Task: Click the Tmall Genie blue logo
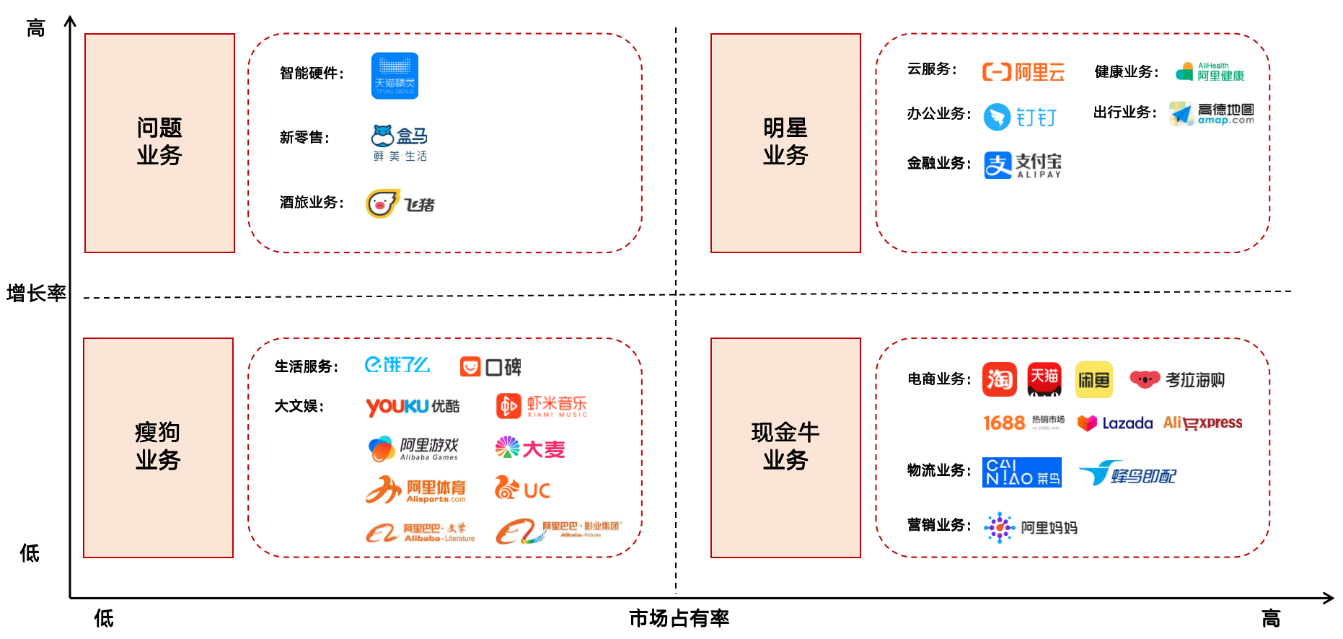[x=395, y=76]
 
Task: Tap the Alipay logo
[x=1023, y=165]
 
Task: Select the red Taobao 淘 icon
[x=999, y=379]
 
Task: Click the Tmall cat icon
[x=1044, y=379]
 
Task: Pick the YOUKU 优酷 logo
[x=412, y=407]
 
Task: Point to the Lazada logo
[x=1114, y=423]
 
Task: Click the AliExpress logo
[x=1202, y=423]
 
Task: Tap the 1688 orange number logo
[x=1004, y=423]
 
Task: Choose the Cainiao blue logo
[x=1021, y=472]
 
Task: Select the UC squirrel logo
[x=522, y=489]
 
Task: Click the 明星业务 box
[x=785, y=143]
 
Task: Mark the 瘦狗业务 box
[x=158, y=447]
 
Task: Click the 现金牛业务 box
[x=785, y=447]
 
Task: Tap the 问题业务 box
[x=159, y=143]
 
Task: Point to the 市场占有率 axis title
[x=679, y=618]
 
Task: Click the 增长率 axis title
[x=36, y=294]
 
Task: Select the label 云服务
[x=931, y=69]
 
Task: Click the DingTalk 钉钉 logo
[x=1020, y=117]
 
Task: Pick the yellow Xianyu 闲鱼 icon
[x=1093, y=379]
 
